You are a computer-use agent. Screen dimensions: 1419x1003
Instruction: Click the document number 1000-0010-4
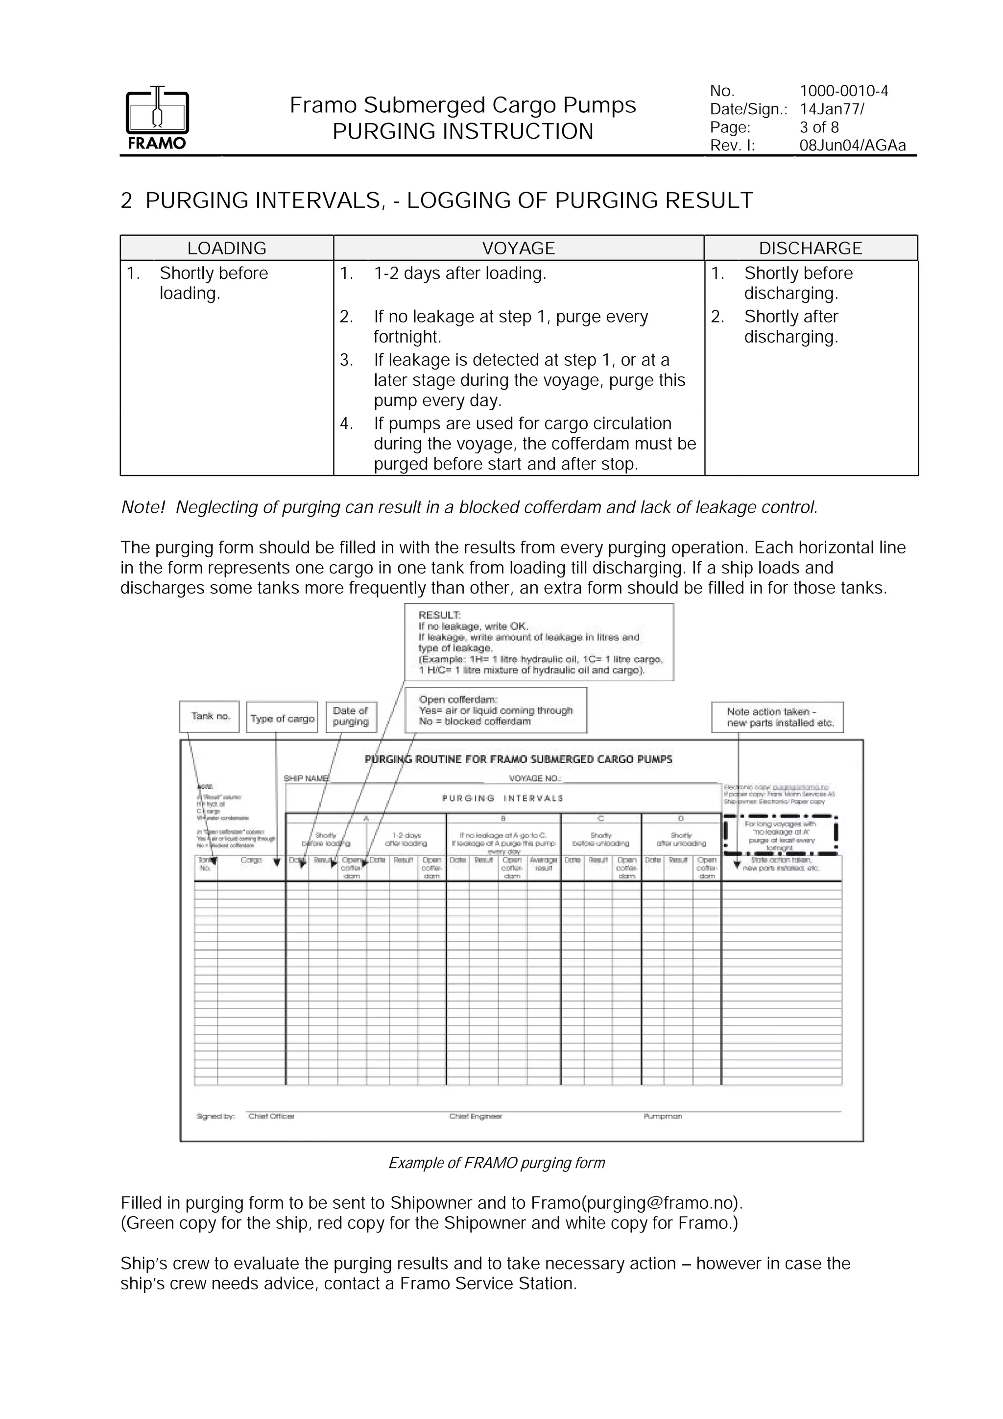point(844,91)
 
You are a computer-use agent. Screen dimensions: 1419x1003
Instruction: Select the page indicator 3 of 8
point(819,127)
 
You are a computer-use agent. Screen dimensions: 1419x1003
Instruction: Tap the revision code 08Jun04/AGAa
point(852,146)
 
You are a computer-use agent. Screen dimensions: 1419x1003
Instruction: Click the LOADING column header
point(227,248)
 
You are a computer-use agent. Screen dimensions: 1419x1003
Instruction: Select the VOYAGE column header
point(518,248)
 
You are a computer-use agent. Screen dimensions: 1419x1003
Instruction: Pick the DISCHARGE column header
point(811,248)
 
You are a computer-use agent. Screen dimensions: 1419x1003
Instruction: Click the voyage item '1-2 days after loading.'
point(459,273)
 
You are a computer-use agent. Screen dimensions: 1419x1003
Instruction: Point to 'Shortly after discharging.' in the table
point(790,326)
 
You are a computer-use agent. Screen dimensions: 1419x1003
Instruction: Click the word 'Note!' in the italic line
point(143,507)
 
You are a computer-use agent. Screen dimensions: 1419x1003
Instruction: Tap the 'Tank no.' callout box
point(210,716)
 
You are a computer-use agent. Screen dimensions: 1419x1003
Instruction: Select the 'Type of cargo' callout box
point(282,718)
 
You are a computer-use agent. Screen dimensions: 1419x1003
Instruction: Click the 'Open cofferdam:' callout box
point(495,710)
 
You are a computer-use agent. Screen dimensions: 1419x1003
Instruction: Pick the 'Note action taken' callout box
point(777,717)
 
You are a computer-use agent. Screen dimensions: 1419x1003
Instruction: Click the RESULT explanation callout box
point(539,642)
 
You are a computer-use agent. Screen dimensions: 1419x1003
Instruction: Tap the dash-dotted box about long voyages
point(781,836)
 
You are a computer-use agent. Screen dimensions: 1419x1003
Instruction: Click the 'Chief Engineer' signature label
point(476,1116)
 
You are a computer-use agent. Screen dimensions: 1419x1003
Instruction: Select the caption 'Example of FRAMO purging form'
point(497,1163)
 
